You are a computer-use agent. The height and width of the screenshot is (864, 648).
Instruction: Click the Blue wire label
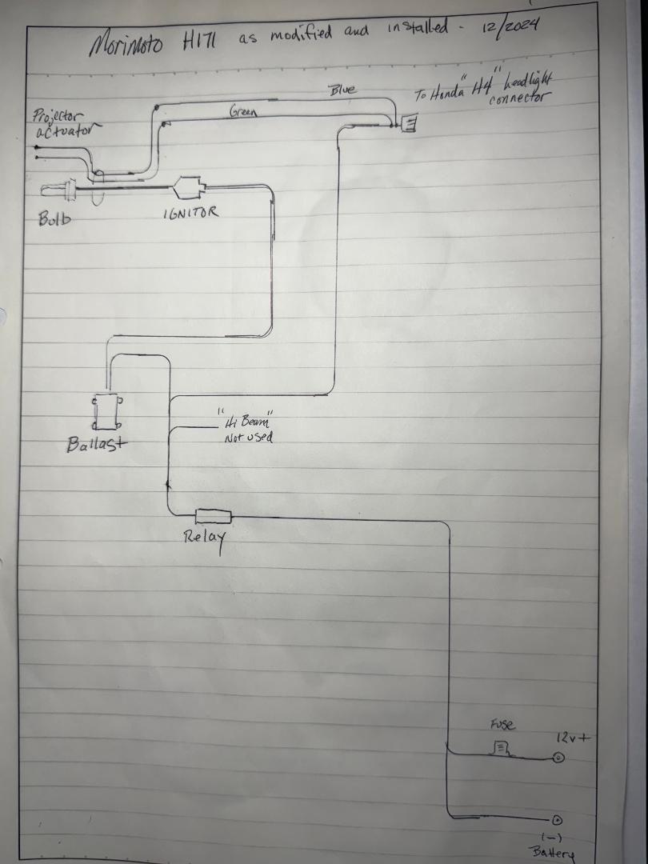(342, 90)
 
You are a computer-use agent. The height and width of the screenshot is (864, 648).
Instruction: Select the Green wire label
(243, 113)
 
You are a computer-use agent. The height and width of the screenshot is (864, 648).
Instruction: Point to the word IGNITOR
(190, 214)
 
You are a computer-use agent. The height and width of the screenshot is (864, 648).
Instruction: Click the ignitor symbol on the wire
(190, 188)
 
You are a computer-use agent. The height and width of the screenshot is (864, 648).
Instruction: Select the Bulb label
(54, 218)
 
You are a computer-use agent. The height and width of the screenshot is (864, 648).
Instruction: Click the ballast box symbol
(107, 411)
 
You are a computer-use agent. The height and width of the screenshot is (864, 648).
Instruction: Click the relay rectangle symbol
(214, 516)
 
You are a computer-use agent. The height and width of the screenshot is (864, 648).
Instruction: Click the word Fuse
(502, 726)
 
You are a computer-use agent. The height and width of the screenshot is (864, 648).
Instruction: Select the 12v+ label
(572, 738)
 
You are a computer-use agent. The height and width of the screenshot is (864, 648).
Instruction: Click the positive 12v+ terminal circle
(558, 758)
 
